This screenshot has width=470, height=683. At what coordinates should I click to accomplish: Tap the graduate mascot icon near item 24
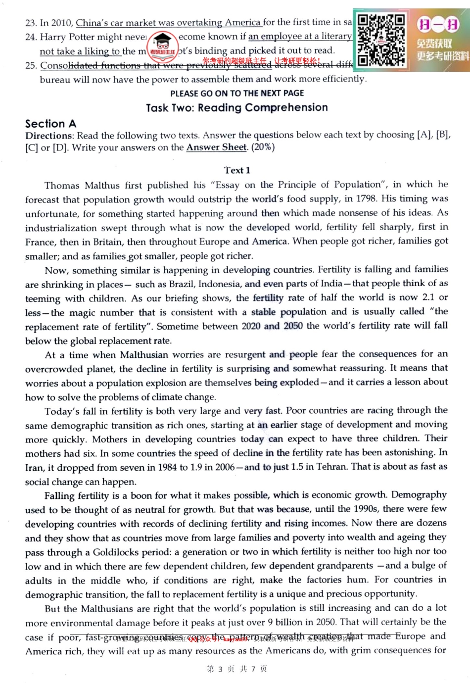163,43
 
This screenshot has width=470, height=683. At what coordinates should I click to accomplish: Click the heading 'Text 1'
237,170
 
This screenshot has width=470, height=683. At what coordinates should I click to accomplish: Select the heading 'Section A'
50,124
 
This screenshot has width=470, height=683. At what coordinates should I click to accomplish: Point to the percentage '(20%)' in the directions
263,147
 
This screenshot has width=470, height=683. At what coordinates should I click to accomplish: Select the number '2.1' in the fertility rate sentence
428,297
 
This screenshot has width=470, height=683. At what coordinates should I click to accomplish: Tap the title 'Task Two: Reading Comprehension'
237,107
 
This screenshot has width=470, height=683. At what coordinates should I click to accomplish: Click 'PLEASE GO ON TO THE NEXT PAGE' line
237,93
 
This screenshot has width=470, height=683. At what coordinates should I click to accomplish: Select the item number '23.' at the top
31,23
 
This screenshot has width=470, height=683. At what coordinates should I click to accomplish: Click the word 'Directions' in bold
48,136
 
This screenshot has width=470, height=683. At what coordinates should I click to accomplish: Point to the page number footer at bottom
236,669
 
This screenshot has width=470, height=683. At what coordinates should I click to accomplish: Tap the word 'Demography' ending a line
419,495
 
